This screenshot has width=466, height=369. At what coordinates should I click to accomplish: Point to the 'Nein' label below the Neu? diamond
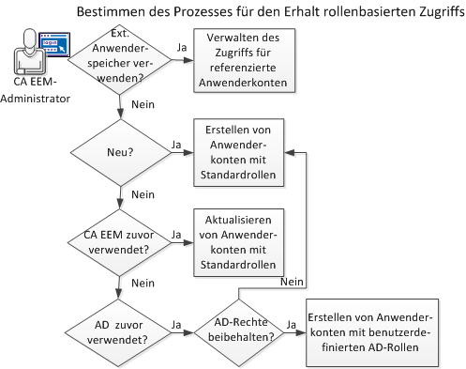143,195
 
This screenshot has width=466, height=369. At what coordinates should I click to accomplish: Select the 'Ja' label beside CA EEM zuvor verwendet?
175,233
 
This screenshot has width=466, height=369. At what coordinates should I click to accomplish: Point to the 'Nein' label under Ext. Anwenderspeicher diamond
143,106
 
